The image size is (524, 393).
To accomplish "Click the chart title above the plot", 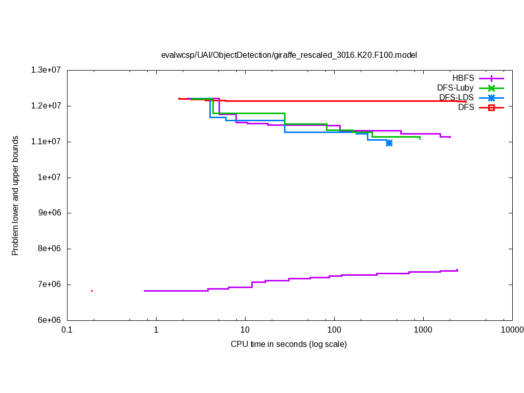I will point(289,55).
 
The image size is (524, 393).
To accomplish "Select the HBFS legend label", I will point(463,78).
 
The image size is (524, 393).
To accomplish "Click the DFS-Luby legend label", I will point(455,88).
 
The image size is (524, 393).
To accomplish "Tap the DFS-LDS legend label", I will point(456,98).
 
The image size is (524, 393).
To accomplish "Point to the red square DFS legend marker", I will point(491,107).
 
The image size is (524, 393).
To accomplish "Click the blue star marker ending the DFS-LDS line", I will point(389,143).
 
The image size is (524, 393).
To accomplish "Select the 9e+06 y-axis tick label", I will point(49,213).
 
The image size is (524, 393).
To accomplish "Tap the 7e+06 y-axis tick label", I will point(49,285).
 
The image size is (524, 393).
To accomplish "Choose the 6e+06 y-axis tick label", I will point(49,320).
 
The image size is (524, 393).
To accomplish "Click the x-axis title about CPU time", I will point(289,344).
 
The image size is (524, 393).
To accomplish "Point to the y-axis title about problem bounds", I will point(15,195).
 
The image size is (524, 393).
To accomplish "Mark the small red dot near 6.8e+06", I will point(92,291).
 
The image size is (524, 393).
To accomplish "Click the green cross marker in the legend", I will point(491,88).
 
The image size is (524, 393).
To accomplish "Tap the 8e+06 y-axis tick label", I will point(49,249).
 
